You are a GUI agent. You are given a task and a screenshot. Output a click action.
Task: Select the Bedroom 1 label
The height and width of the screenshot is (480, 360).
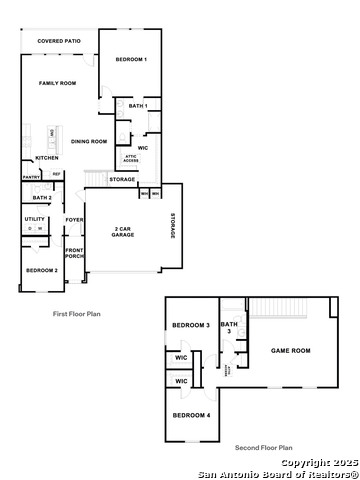point(130,60)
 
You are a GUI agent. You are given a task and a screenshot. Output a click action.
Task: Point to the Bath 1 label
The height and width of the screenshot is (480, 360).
point(138,106)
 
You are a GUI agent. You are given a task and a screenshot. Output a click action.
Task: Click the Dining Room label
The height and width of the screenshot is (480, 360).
point(88,142)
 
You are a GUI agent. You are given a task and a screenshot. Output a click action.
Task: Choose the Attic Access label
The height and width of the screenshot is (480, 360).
point(130,157)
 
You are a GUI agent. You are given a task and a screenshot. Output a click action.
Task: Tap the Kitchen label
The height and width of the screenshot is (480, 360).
point(46,158)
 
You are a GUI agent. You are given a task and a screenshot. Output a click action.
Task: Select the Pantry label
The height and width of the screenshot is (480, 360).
point(31,178)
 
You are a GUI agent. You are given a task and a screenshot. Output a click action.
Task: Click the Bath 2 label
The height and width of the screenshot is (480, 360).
point(41,198)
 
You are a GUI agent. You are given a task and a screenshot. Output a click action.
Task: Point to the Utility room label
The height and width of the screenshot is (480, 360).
point(35,218)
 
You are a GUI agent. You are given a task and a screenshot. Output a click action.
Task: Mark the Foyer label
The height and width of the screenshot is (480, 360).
point(74,219)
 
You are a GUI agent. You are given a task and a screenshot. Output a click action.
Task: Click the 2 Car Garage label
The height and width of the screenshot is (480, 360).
point(125,231)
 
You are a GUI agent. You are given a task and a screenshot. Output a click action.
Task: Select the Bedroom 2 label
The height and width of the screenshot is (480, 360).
point(41,270)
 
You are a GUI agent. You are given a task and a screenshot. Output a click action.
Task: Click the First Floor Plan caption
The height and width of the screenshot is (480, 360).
point(76,314)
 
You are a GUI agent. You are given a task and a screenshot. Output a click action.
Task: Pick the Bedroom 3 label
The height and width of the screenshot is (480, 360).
point(190,326)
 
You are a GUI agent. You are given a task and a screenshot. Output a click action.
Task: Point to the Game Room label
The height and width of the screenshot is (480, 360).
point(289,351)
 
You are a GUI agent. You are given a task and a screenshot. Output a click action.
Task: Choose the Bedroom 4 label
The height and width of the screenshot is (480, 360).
point(190,414)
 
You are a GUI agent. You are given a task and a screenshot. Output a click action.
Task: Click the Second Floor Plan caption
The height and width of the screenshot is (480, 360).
point(263,448)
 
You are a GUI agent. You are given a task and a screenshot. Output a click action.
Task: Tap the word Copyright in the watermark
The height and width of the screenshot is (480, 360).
point(300,463)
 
